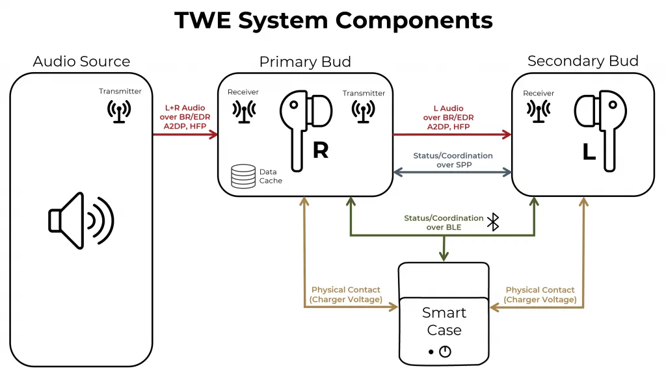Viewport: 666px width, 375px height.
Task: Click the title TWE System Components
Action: click(x=333, y=20)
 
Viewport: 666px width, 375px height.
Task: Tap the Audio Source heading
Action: click(x=81, y=62)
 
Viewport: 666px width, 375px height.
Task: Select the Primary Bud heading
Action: click(x=305, y=62)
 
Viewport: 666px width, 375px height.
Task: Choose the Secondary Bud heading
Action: click(x=583, y=61)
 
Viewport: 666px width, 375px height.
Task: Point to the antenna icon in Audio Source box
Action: click(x=120, y=111)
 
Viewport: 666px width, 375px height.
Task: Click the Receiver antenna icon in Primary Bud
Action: click(x=243, y=111)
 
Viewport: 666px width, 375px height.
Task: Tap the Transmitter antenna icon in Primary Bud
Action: click(x=364, y=111)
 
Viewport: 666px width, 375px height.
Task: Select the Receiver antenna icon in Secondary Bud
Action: click(x=538, y=111)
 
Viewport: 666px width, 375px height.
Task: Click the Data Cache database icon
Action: click(x=243, y=176)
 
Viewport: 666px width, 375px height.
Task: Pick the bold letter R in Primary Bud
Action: click(x=321, y=150)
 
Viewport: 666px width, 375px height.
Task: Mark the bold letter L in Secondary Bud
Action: click(x=589, y=151)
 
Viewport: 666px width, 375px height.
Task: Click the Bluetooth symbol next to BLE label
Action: click(x=494, y=222)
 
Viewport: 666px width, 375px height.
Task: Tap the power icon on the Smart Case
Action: click(x=445, y=352)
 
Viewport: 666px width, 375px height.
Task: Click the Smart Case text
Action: click(x=444, y=321)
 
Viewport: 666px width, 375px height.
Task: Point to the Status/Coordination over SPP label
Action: click(x=453, y=161)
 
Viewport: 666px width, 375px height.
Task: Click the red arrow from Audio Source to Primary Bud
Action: click(x=185, y=135)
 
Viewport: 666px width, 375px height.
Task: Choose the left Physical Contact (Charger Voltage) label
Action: click(x=345, y=294)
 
